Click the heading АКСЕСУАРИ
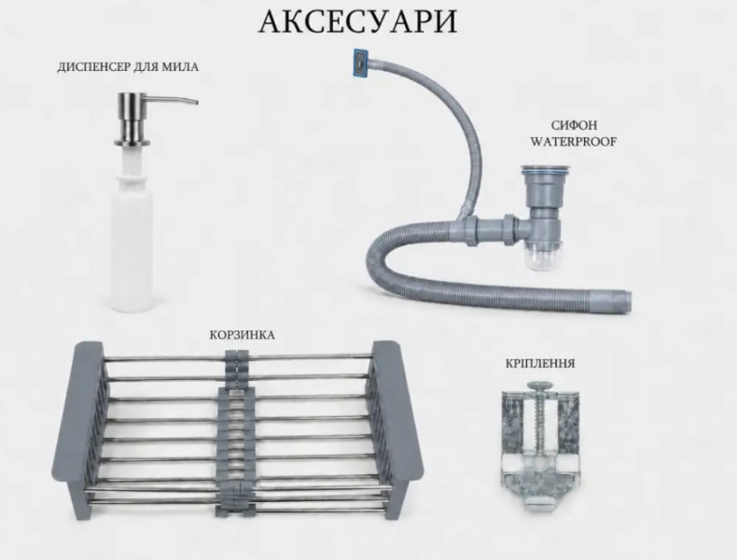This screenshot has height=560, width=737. point(357,21)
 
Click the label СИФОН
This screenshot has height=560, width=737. point(574,125)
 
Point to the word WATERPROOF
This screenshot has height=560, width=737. point(574,142)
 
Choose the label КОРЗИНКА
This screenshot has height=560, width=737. point(242,335)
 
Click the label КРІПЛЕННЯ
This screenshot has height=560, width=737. point(540,363)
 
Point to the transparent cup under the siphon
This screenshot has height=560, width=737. point(544,258)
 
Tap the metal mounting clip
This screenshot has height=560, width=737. point(540,447)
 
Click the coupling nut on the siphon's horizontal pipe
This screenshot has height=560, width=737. point(509,229)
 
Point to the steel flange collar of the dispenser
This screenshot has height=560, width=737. point(132,142)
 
